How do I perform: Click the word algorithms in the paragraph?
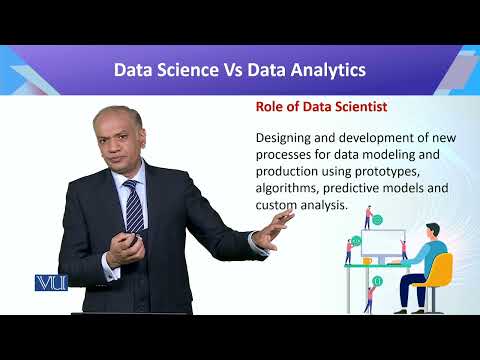point(292,188)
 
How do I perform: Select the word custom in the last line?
point(279,204)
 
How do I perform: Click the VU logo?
point(50,282)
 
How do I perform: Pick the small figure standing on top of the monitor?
point(369,216)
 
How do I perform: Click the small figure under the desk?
point(370,297)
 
